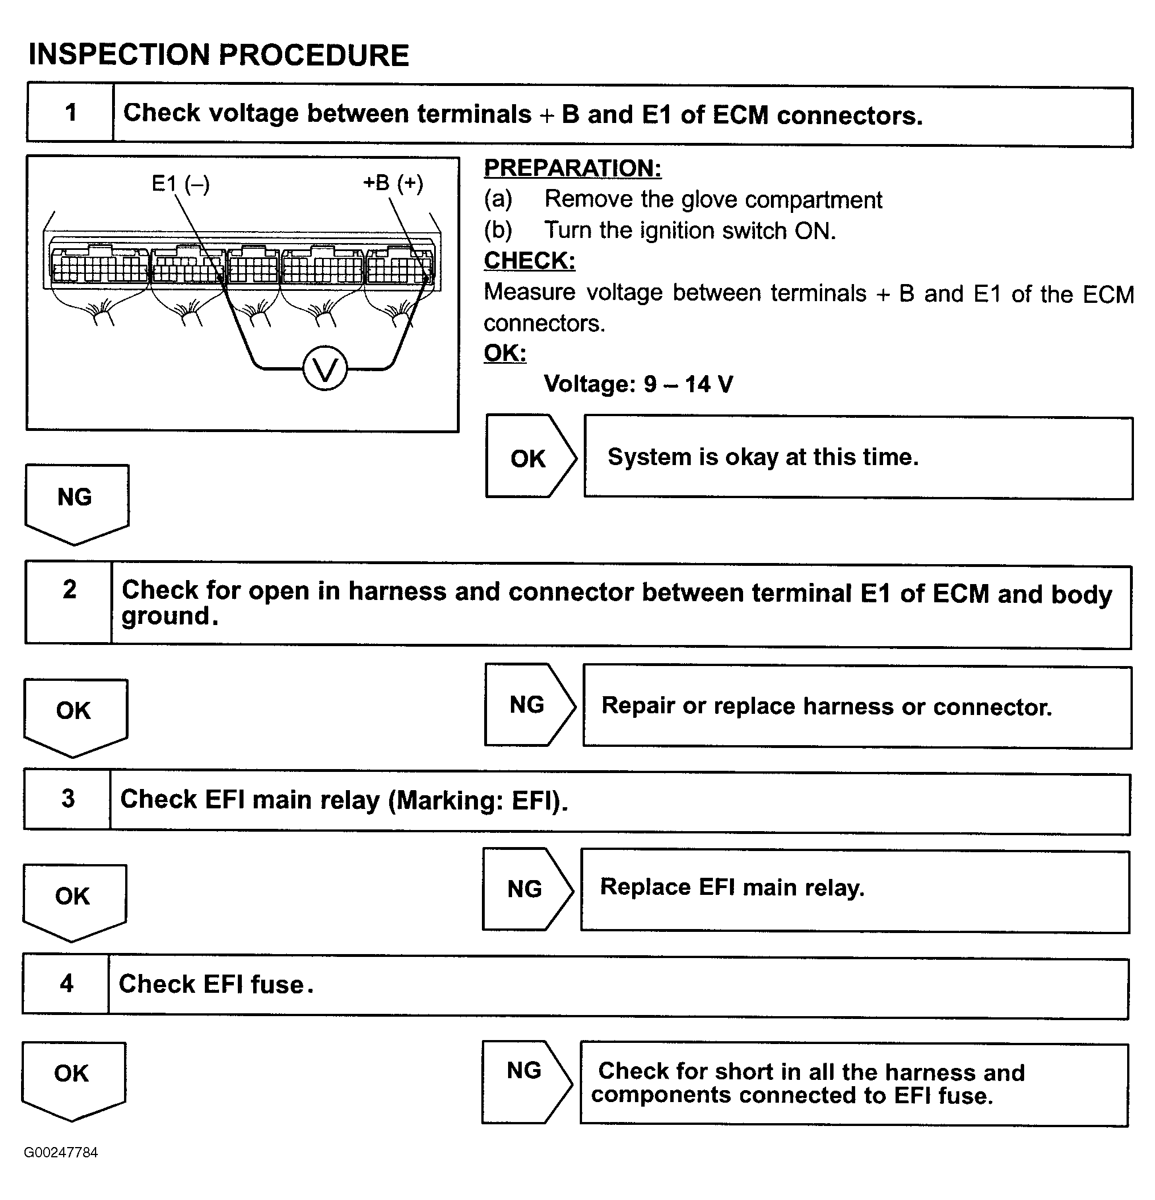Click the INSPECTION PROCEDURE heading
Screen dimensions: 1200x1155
[x=218, y=55]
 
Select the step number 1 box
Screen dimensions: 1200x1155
[x=71, y=113]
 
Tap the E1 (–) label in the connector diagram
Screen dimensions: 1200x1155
[x=180, y=184]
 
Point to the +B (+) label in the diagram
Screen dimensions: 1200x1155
[x=393, y=183]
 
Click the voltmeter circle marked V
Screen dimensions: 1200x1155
[x=325, y=368]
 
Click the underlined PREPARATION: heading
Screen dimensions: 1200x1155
[x=572, y=168]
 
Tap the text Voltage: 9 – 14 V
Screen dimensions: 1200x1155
[x=638, y=384]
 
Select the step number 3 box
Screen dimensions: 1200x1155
[x=68, y=799]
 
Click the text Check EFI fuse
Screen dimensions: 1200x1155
[x=216, y=984]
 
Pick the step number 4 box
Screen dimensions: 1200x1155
[x=66, y=984]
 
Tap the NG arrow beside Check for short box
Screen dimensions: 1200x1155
[x=525, y=1083]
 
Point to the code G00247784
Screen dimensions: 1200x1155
[x=61, y=1153]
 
